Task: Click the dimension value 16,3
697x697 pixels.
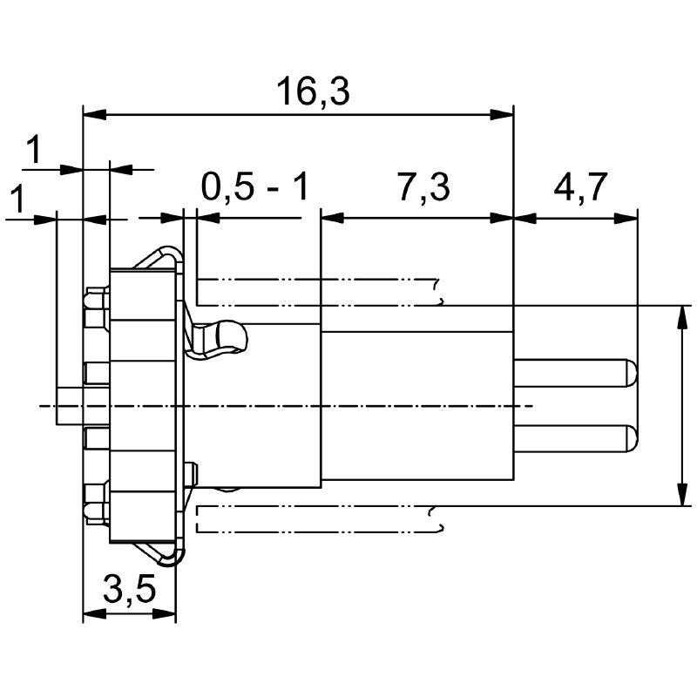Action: pos(313,91)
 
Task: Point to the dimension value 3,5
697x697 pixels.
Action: pos(129,592)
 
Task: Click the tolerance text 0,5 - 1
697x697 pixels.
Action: pos(255,187)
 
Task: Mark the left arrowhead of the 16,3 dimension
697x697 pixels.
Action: pos(93,114)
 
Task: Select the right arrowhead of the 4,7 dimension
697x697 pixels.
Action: pos(627,218)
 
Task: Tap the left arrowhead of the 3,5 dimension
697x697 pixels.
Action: pos(93,614)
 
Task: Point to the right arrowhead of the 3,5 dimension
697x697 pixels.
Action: pos(166,614)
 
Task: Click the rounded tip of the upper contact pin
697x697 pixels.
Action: pos(631,373)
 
